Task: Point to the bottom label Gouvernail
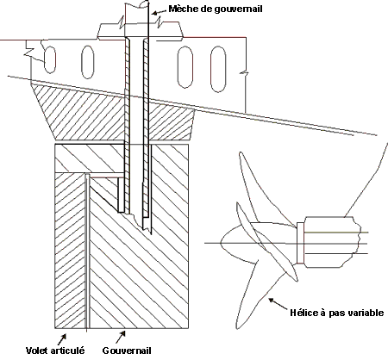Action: (127, 351)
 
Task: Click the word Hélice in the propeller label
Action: (304, 312)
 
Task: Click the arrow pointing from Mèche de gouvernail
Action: (159, 11)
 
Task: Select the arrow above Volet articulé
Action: (62, 338)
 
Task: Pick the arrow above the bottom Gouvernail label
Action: (121, 337)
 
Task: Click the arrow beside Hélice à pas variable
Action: (278, 304)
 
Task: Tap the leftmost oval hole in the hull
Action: (50, 59)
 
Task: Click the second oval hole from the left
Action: (87, 62)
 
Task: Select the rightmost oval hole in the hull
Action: (218, 69)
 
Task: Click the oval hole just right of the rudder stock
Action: (185, 66)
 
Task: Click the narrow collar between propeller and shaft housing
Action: (300, 243)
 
